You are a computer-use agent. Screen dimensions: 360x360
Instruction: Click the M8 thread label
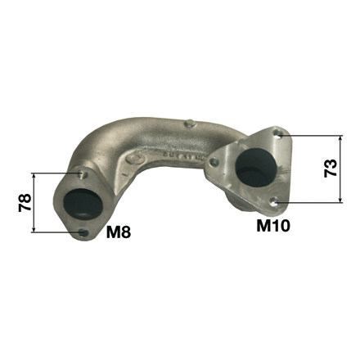(x=119, y=232)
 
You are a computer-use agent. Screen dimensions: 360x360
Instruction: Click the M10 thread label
(x=273, y=226)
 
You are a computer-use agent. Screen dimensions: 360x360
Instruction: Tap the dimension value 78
(x=25, y=202)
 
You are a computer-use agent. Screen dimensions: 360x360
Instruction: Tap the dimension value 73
(x=331, y=169)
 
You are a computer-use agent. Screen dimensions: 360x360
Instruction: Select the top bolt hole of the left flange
(x=82, y=174)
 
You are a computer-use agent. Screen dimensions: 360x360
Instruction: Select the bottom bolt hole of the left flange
(x=83, y=232)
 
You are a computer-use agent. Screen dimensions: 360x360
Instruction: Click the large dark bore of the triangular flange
(x=256, y=167)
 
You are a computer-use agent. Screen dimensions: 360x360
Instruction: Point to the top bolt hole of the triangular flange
(x=278, y=133)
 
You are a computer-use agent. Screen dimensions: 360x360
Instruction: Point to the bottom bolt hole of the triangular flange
(x=274, y=202)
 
